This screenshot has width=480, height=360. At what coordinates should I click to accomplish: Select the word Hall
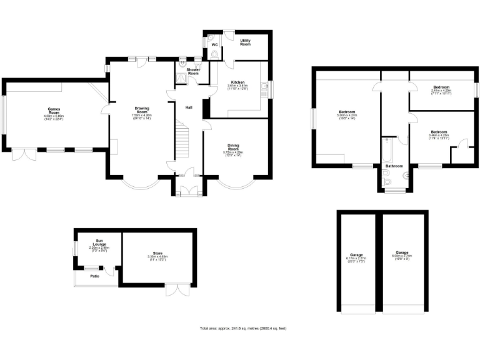(x=188, y=107)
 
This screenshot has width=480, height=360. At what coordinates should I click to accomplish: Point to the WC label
(x=214, y=45)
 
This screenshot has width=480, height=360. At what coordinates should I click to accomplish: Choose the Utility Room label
(x=246, y=42)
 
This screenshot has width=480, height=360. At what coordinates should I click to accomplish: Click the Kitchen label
(x=237, y=82)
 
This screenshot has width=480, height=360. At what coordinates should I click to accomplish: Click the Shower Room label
(x=193, y=72)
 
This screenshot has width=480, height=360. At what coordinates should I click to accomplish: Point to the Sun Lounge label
(x=99, y=241)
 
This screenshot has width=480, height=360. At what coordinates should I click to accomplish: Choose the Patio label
(x=95, y=276)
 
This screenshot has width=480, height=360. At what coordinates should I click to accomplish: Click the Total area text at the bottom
(x=243, y=328)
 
